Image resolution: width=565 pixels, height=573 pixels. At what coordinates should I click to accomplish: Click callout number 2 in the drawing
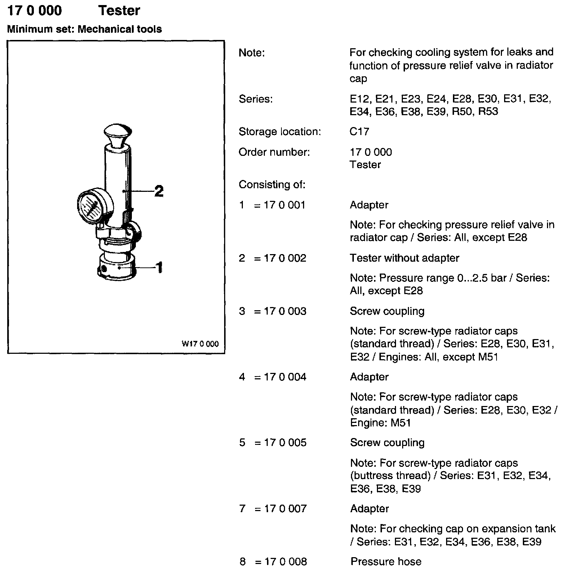(x=159, y=191)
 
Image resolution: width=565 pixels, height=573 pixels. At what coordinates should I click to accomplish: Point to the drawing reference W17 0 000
(x=200, y=344)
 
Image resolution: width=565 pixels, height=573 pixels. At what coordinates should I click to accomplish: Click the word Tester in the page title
(x=119, y=11)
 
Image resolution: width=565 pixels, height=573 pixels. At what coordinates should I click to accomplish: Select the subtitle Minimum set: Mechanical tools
(x=84, y=29)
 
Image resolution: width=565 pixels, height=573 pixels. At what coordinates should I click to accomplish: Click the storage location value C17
(x=359, y=132)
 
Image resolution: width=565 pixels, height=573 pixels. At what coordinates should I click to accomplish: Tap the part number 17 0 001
(x=285, y=205)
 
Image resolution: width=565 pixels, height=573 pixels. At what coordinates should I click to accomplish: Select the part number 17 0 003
(x=285, y=311)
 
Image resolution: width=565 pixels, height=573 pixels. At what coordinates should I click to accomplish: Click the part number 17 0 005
(x=285, y=442)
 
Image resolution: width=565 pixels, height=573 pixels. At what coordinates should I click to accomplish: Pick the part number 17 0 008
(x=285, y=561)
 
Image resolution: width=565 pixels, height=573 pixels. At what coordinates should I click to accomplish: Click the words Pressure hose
(x=386, y=561)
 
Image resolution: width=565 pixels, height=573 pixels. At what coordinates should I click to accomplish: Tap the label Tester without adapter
(x=404, y=258)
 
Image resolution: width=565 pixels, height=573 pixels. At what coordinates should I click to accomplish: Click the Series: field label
(x=256, y=99)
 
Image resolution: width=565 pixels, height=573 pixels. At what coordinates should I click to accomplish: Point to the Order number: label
(x=274, y=152)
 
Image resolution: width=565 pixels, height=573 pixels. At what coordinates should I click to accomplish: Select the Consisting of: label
(x=272, y=185)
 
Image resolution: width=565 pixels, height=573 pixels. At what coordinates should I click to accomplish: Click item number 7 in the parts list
(x=242, y=509)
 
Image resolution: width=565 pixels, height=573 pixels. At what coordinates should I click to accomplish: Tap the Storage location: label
(x=280, y=132)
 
